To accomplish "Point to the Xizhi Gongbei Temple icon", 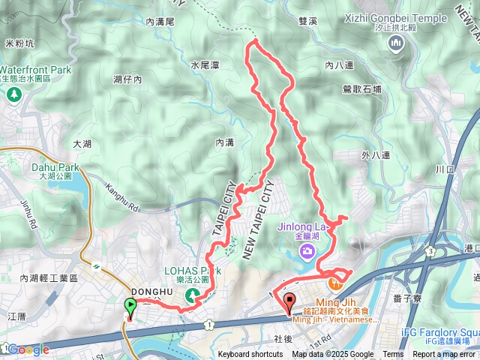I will pyautogui.click(x=396, y=44).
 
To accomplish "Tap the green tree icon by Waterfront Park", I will pyautogui.click(x=13, y=94).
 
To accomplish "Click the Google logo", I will pyautogui.click(x=28, y=349).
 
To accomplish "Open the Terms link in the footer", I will pyautogui.click(x=393, y=355).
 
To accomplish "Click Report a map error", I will pyautogui.click(x=444, y=355).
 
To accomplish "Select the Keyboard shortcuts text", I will pyautogui.click(x=250, y=355).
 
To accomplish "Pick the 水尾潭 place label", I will pyautogui.click(x=205, y=65).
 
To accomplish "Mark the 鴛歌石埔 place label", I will pyautogui.click(x=361, y=88).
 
